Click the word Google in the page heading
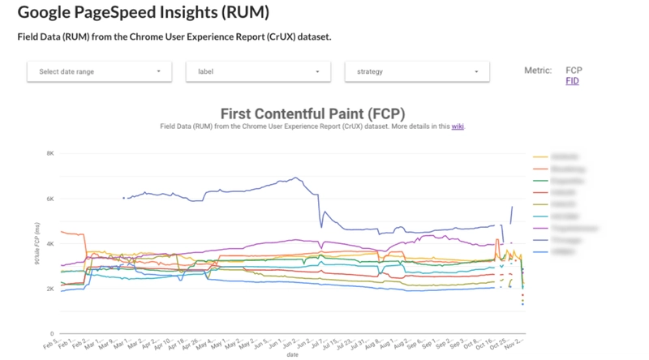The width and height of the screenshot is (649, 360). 48,13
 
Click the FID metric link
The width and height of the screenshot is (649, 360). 572,81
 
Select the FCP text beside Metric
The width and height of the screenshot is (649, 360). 574,71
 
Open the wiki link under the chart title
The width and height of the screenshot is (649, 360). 457,127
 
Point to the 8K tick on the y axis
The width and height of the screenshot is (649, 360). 49,153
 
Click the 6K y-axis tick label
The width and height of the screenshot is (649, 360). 49,199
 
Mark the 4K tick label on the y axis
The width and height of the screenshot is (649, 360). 49,244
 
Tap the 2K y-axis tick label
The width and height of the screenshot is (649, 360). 49,289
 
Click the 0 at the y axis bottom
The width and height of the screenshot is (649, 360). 52,334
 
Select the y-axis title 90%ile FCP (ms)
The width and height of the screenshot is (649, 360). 35,243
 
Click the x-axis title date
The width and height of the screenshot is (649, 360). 290,354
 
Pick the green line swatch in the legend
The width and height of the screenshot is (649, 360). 540,180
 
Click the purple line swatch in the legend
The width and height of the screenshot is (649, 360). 540,229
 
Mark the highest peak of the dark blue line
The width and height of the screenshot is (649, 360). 296,178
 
